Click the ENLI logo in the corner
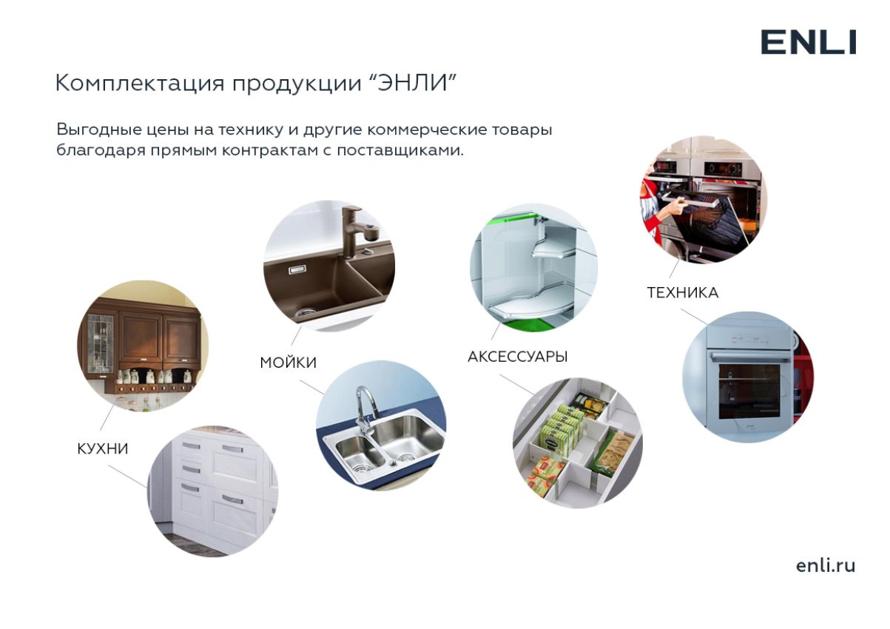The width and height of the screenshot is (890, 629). click(808, 42)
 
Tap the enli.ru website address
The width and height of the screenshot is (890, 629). click(826, 565)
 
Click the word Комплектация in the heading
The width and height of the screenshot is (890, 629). click(141, 84)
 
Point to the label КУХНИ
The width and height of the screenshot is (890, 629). click(103, 449)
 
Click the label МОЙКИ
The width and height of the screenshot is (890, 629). click(288, 363)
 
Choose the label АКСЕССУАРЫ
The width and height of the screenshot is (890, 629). click(517, 357)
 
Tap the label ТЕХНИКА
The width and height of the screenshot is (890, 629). click(683, 293)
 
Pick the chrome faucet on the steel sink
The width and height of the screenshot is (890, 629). click(365, 413)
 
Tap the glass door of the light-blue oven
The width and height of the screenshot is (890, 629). click(749, 391)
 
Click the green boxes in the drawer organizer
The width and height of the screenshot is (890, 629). click(560, 430)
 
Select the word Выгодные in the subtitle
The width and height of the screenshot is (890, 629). click(98, 130)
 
